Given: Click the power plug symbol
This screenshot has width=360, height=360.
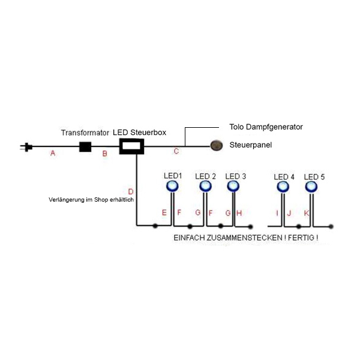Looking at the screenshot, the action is (x=26, y=147).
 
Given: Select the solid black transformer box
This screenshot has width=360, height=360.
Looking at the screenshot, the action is (x=85, y=147).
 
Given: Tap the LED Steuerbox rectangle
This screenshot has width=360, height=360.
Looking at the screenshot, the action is (x=131, y=146).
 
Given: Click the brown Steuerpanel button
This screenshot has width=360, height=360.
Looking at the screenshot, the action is (x=217, y=145).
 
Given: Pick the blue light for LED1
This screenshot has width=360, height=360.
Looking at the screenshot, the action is (x=172, y=186).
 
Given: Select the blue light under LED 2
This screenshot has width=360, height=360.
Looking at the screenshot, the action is (x=205, y=186).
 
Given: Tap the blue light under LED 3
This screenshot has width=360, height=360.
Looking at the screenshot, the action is (x=233, y=186).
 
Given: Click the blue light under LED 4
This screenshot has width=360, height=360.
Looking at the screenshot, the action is (x=283, y=187).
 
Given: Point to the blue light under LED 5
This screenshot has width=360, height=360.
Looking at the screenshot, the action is (x=311, y=187).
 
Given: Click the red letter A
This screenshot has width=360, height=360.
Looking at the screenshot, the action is (x=53, y=153).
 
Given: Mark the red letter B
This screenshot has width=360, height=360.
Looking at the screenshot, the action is (x=104, y=154).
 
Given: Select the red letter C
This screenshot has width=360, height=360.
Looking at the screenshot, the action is (x=176, y=151).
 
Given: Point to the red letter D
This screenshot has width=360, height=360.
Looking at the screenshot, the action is (x=131, y=191).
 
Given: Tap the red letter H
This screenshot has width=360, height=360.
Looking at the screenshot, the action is (x=239, y=213).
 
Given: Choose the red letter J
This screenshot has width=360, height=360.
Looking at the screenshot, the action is (x=289, y=213).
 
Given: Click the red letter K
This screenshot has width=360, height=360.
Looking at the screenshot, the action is (x=307, y=213).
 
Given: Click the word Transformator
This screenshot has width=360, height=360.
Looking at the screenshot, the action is (x=85, y=133).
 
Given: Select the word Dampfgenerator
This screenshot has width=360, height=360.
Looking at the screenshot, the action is (x=274, y=127).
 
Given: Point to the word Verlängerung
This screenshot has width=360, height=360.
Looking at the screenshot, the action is (x=67, y=200).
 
